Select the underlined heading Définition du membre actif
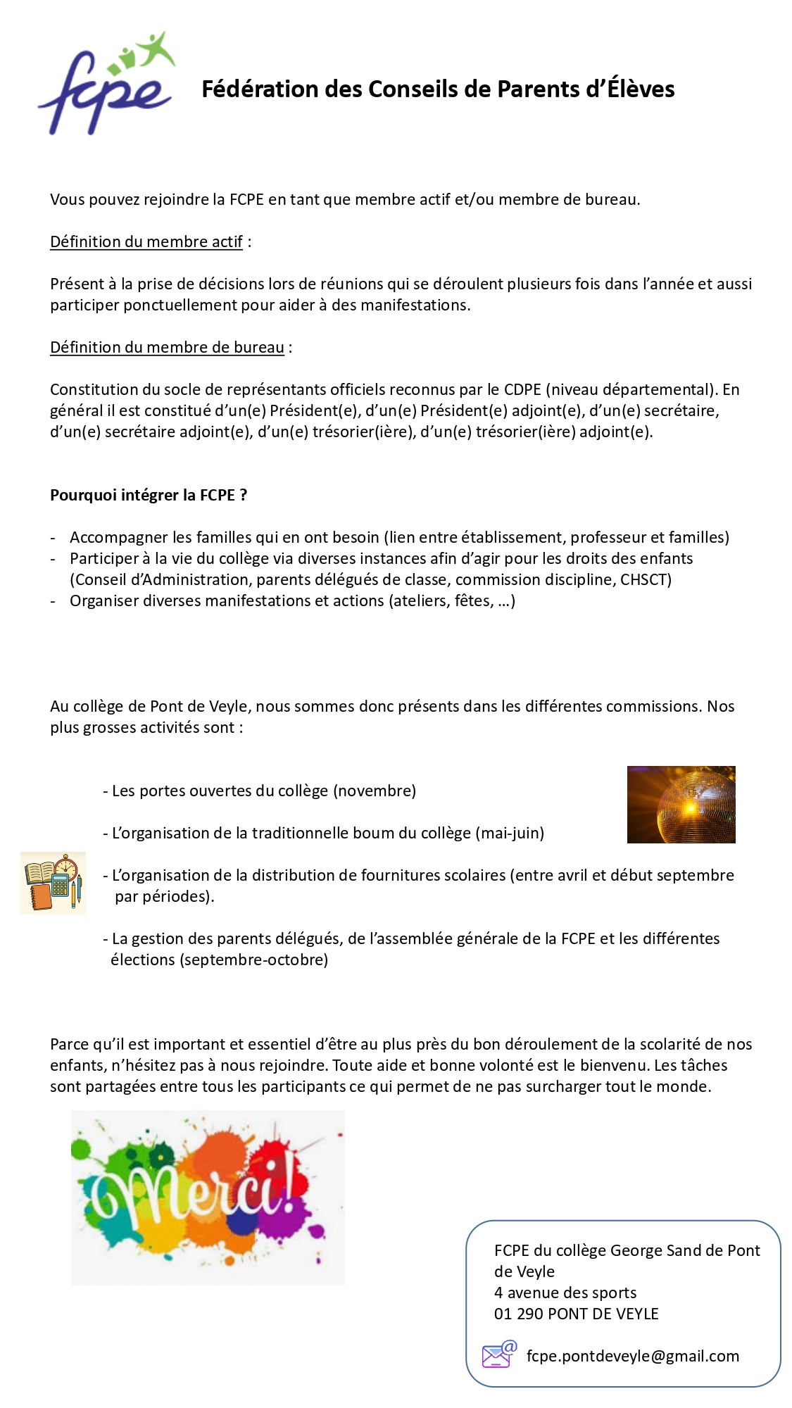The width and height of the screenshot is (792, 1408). pyautogui.click(x=146, y=241)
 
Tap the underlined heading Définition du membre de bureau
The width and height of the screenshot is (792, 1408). pyautogui.click(x=167, y=347)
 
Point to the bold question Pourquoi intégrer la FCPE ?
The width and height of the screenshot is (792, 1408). pyautogui.click(x=148, y=495)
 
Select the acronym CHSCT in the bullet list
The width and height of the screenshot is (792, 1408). pyautogui.click(x=646, y=579)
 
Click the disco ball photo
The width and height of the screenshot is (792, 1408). pyautogui.click(x=681, y=804)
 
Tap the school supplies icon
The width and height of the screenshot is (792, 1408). pyautogui.click(x=53, y=883)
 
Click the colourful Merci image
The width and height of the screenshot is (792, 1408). pyautogui.click(x=208, y=1197)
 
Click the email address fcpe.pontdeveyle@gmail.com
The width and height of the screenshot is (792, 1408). pyautogui.click(x=632, y=1356)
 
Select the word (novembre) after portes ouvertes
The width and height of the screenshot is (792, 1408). pyautogui.click(x=375, y=791)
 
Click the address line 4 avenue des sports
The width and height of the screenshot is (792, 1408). pyautogui.click(x=565, y=1293)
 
